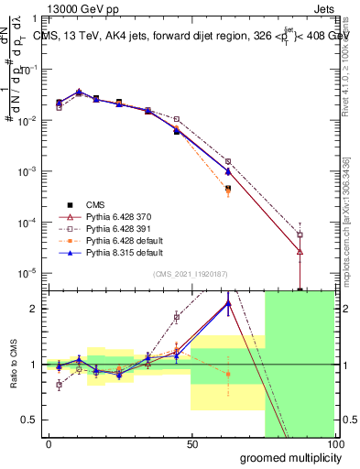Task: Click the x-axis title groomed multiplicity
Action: tap(286, 457)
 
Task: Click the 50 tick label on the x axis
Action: tap(191, 443)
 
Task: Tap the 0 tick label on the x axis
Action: tap(49, 443)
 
